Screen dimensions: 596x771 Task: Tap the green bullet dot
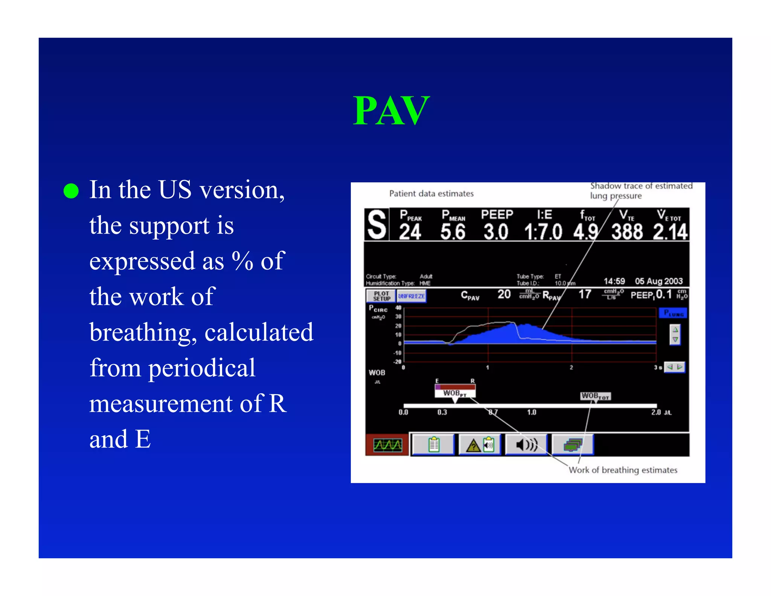[71, 191]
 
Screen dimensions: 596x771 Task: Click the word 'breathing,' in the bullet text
[143, 332]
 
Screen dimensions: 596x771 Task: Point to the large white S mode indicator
[377, 225]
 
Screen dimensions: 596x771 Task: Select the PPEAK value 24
[410, 232]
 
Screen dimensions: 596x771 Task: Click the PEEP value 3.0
[496, 232]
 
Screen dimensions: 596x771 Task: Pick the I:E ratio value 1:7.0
[543, 232]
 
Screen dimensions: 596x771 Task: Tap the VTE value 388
[627, 232]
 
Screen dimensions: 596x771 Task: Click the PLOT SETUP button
[381, 296]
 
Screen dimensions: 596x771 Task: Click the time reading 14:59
[614, 281]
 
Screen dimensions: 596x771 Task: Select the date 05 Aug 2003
[658, 281]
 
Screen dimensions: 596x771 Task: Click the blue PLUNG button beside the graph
[673, 313]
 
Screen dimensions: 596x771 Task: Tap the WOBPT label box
[455, 393]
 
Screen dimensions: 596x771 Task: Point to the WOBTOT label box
[595, 396]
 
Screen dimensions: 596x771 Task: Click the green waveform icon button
[387, 445]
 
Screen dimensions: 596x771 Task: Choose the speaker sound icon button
[526, 445]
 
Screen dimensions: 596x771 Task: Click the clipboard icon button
[433, 445]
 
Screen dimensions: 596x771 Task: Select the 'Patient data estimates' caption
[431, 194]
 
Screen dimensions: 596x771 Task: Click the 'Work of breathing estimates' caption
[623, 470]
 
